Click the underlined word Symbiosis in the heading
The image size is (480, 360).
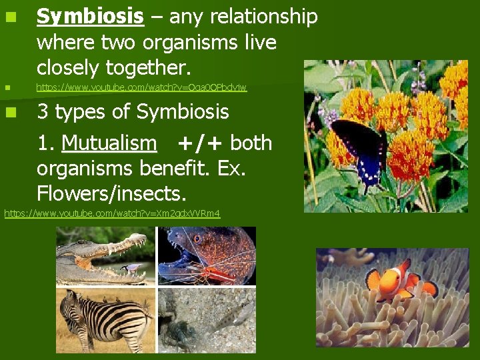90,17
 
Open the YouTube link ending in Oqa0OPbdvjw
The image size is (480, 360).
141,87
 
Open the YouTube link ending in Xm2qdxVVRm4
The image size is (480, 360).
112,213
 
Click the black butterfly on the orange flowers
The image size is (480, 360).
361,147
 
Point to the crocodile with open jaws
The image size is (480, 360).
100,257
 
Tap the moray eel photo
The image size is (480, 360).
207,256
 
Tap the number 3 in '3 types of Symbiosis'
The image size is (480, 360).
43,112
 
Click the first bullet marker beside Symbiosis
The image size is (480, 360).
9,17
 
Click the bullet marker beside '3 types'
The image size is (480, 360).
9,112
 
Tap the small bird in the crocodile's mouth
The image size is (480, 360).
134,266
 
